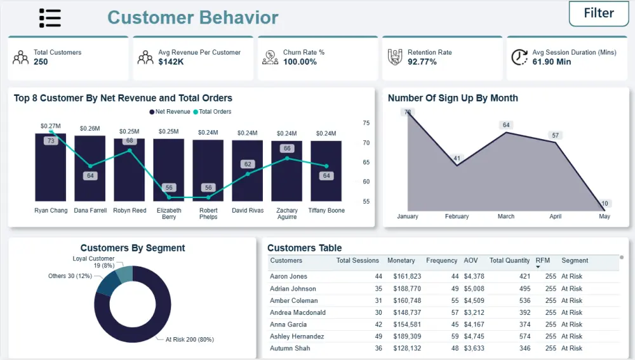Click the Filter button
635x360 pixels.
pos(598,13)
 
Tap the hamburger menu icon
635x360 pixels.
pos(50,18)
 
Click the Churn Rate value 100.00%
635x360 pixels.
pos(300,62)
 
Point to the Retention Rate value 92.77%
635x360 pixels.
pos(422,62)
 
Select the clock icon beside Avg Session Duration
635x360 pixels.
pos(519,57)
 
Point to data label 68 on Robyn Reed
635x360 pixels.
pos(130,140)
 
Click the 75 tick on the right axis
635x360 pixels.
pos(366,124)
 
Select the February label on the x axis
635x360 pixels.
pos(457,217)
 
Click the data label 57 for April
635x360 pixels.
pos(556,135)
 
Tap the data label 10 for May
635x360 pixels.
pos(605,204)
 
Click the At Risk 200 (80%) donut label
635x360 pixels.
pos(190,340)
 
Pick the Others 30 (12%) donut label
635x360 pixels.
pos(70,276)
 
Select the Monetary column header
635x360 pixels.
pos(401,260)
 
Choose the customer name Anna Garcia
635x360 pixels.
pos(288,324)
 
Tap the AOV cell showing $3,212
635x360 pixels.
pos(474,312)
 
